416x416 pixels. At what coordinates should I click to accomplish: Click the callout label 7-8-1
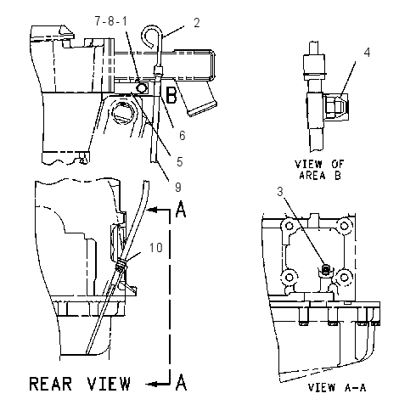(x=110, y=21)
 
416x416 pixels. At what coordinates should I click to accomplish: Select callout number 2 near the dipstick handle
(x=197, y=23)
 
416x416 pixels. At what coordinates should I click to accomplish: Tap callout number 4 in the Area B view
(x=367, y=53)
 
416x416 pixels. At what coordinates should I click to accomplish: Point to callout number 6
(x=183, y=136)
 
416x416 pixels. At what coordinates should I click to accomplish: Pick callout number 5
(x=180, y=162)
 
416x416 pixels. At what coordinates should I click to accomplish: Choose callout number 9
(x=178, y=188)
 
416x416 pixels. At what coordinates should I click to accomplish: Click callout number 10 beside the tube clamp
(x=156, y=248)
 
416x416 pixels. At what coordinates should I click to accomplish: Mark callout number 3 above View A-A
(x=280, y=192)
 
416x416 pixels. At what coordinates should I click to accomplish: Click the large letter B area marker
(x=171, y=95)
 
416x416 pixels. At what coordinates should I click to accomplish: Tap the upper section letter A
(x=181, y=209)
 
